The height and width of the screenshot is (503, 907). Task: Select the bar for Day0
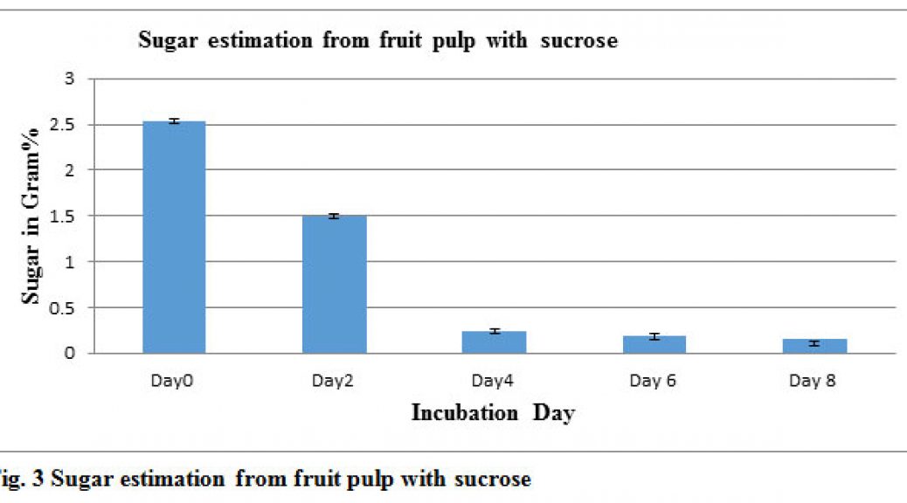(174, 237)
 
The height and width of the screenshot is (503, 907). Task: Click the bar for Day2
(335, 285)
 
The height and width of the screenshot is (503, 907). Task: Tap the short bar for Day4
(494, 342)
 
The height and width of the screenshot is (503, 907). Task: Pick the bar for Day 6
(654, 345)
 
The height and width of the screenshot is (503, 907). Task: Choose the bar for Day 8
(814, 346)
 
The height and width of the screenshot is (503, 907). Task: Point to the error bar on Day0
(174, 121)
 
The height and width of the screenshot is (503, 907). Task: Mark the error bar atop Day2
(334, 217)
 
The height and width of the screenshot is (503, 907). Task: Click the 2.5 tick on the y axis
(62, 124)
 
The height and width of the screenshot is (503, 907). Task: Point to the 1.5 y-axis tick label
(62, 217)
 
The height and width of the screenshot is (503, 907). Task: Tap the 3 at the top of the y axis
(70, 78)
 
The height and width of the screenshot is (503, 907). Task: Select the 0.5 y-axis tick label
(62, 308)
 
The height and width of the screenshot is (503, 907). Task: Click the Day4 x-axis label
(492, 381)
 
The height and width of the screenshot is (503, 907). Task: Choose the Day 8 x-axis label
(812, 381)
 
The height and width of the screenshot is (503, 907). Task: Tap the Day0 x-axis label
(172, 381)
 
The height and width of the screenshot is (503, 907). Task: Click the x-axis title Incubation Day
(493, 413)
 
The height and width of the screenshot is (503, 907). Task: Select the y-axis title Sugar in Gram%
(31, 216)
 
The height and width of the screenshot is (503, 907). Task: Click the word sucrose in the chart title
(579, 40)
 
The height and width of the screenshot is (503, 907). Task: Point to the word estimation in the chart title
(260, 40)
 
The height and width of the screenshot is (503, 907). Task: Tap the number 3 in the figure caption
(38, 479)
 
